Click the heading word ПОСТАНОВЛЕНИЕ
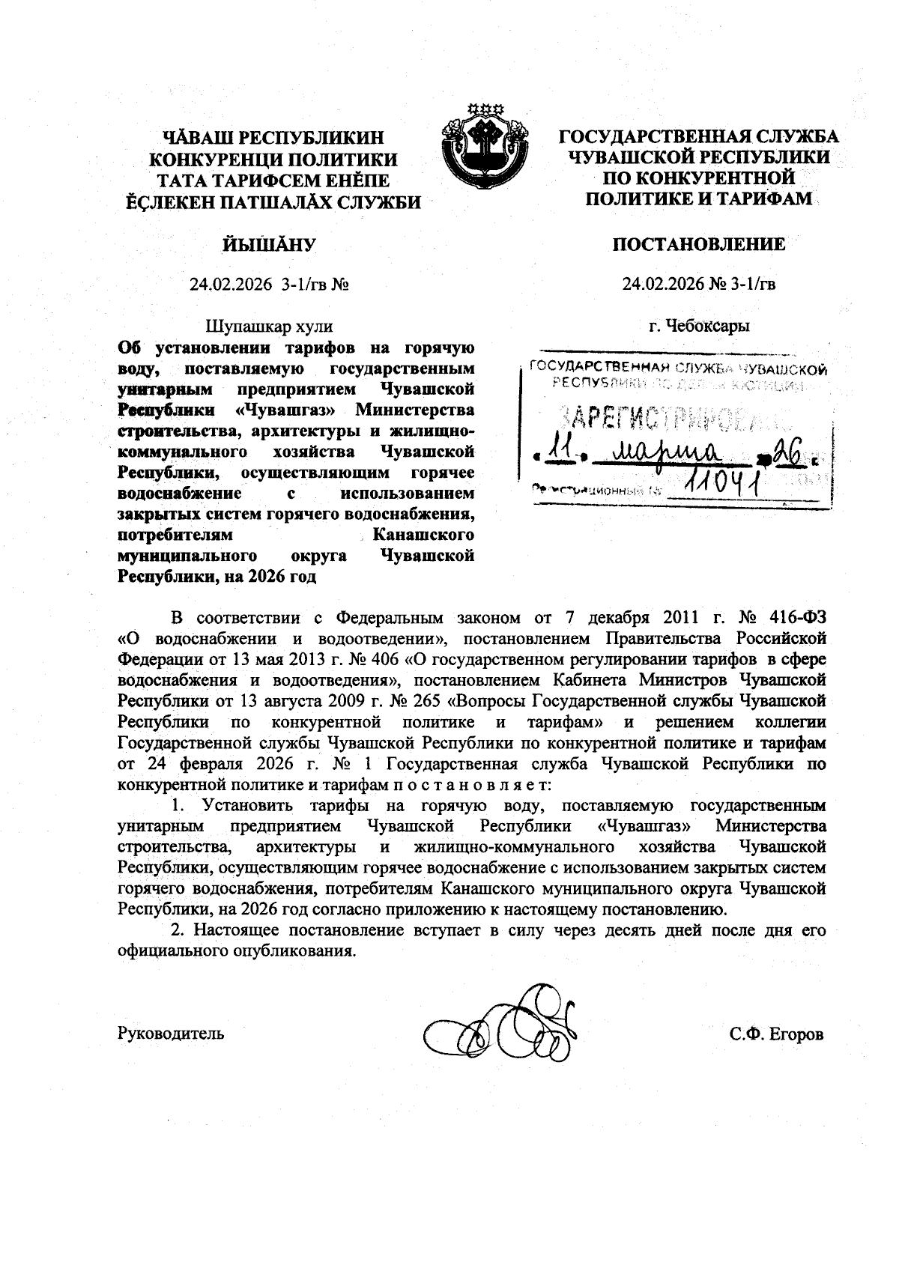pyautogui.click(x=699, y=244)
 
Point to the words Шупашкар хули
pyautogui.click(x=269, y=327)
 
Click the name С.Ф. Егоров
pyautogui.click(x=777, y=1034)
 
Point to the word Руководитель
pyautogui.click(x=171, y=1034)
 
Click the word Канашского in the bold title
pyautogui.click(x=423, y=536)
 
